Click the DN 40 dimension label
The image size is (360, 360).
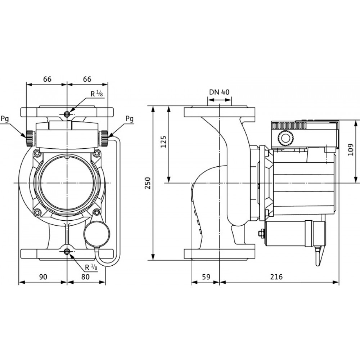click(x=219, y=92)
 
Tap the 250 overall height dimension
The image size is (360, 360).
click(x=148, y=183)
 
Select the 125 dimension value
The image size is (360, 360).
click(x=163, y=141)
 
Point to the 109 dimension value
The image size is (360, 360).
click(x=350, y=150)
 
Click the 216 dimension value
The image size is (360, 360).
click(x=276, y=276)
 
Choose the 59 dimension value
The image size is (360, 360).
click(x=206, y=276)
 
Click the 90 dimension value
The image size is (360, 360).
click(x=43, y=276)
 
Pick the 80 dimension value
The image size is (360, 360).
click(x=85, y=276)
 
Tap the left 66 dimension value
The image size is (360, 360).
click(x=47, y=79)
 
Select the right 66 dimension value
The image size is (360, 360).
click(x=87, y=79)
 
